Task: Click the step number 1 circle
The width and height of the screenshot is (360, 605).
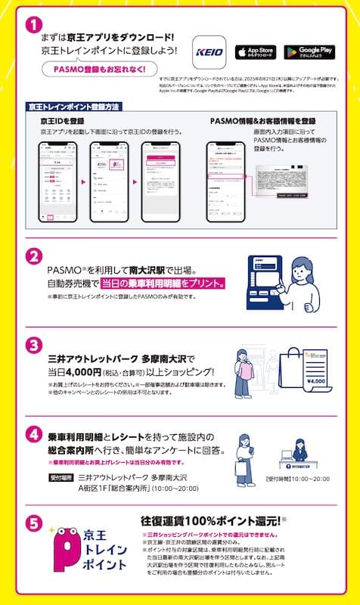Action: pos(33,24)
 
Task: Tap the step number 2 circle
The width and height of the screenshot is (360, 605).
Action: pos(33,257)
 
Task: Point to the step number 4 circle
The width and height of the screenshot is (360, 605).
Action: pos(33,436)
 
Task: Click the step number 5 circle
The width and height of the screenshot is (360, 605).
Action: pos(33,522)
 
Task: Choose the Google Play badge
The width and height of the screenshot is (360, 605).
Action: pos(309,52)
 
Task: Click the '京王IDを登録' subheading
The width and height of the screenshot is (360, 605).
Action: pos(57,120)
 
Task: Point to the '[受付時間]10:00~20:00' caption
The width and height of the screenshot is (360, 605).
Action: pos(296,479)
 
